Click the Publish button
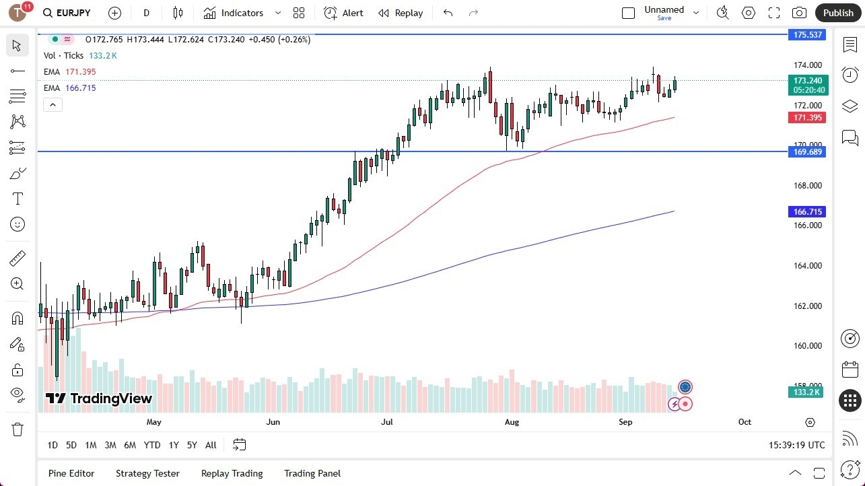coord(837,13)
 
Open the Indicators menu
coord(242,13)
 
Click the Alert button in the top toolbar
coord(343,13)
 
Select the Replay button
coord(401,13)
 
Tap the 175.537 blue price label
coord(807,34)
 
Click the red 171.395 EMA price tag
coord(807,118)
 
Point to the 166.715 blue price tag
coord(807,211)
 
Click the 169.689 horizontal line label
coord(807,152)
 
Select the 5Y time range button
coord(192,445)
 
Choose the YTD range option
coord(152,445)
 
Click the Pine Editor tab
coord(71,473)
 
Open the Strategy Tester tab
coord(147,473)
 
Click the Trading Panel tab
coord(312,473)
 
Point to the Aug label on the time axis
coord(512,422)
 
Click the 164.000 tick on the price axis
coord(807,265)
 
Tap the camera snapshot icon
coord(799,13)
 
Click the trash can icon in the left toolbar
coord(18,429)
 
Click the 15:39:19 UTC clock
coord(796,445)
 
